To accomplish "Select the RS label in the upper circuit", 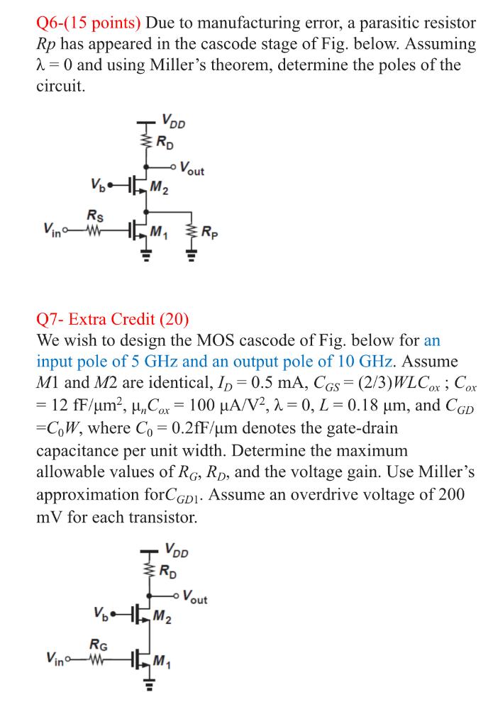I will (x=93, y=215).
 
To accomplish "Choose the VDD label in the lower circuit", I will (x=175, y=549).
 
